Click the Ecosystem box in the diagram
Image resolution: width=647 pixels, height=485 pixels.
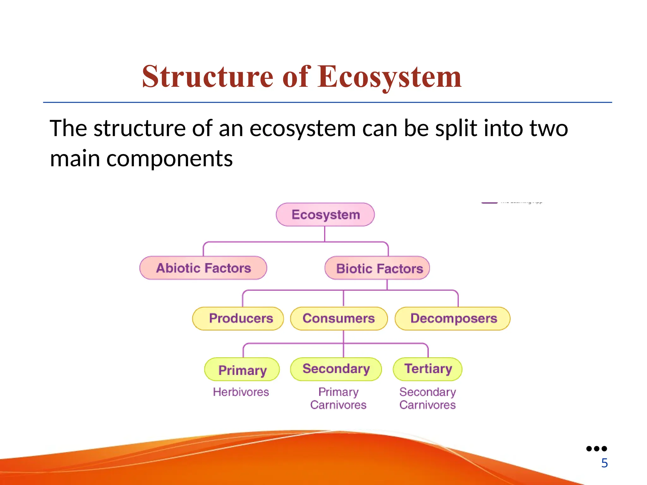coord(325,215)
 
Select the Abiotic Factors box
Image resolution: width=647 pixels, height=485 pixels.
coord(203,268)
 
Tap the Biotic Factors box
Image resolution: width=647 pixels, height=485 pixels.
coord(377,268)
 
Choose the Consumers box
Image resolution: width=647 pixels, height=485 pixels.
coord(339,318)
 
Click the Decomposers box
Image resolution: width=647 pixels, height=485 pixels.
coord(452,318)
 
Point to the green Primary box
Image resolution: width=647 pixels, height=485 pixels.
coord(242,369)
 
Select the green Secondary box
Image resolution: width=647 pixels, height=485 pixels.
coord(336,369)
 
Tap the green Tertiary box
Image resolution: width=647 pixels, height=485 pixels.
coord(428,369)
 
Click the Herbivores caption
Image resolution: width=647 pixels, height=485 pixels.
coord(241,392)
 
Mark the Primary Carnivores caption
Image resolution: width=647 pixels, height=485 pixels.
coord(338,398)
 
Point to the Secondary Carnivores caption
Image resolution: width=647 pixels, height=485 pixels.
coord(427,398)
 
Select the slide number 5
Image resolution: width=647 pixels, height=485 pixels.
coord(604,463)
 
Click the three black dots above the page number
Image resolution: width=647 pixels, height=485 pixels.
coord(596,448)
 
